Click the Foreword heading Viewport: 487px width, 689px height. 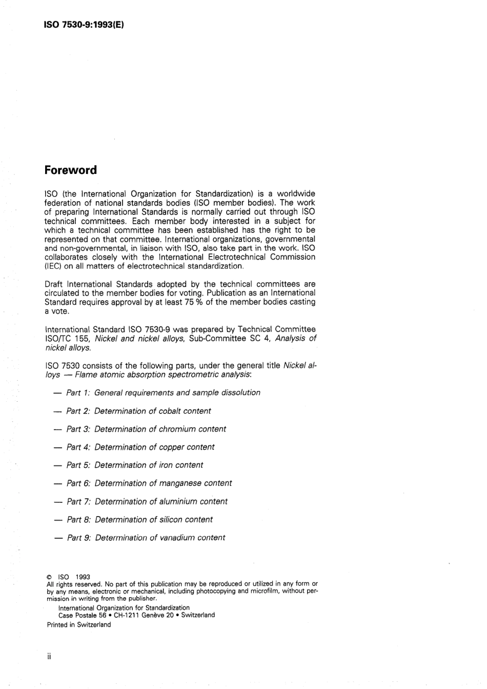pos(70,170)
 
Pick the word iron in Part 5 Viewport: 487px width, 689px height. pos(166,465)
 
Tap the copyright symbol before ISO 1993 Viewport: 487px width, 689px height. pos(49,577)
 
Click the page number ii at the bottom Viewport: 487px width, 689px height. pos(49,657)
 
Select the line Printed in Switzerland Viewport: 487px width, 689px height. pos(78,625)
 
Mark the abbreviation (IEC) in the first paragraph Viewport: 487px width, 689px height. pos(53,266)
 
